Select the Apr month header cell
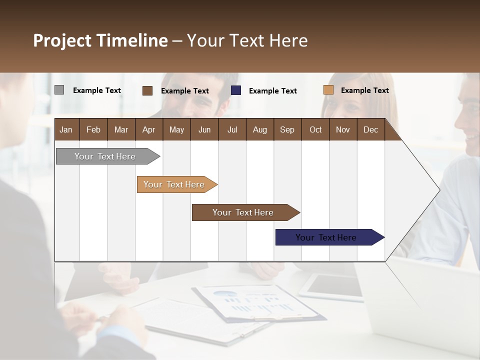pos(149,129)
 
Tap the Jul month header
pos(232,129)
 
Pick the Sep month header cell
pos(287,129)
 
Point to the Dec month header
pos(370,129)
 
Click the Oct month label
pos(315,129)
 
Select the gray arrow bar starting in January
pos(105,156)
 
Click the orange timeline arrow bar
pos(174,184)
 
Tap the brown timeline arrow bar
pos(243,212)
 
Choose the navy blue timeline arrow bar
pos(326,237)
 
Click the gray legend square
pos(59,90)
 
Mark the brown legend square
pos(147,90)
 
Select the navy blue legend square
pos(236,90)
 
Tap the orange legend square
pos(328,90)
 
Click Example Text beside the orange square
pos(364,90)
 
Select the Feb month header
pos(93,129)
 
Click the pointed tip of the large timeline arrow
pos(439,189)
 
